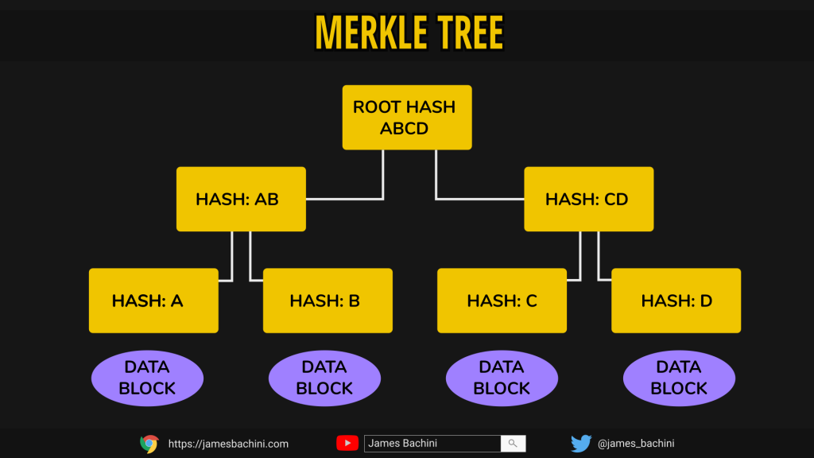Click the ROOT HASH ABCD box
click(407, 118)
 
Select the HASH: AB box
click(241, 199)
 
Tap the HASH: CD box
click(589, 199)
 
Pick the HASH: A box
click(153, 301)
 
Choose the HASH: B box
click(328, 301)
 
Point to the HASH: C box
click(502, 301)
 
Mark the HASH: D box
click(676, 301)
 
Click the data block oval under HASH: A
click(147, 378)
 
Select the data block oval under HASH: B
click(324, 378)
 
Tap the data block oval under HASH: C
click(502, 378)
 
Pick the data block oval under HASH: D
click(679, 378)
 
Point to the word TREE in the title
click(471, 33)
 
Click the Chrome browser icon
click(149, 444)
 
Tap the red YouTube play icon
click(347, 443)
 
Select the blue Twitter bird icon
click(581, 444)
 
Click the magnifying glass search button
click(513, 444)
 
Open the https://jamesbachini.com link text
click(228, 444)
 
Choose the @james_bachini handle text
click(636, 444)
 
